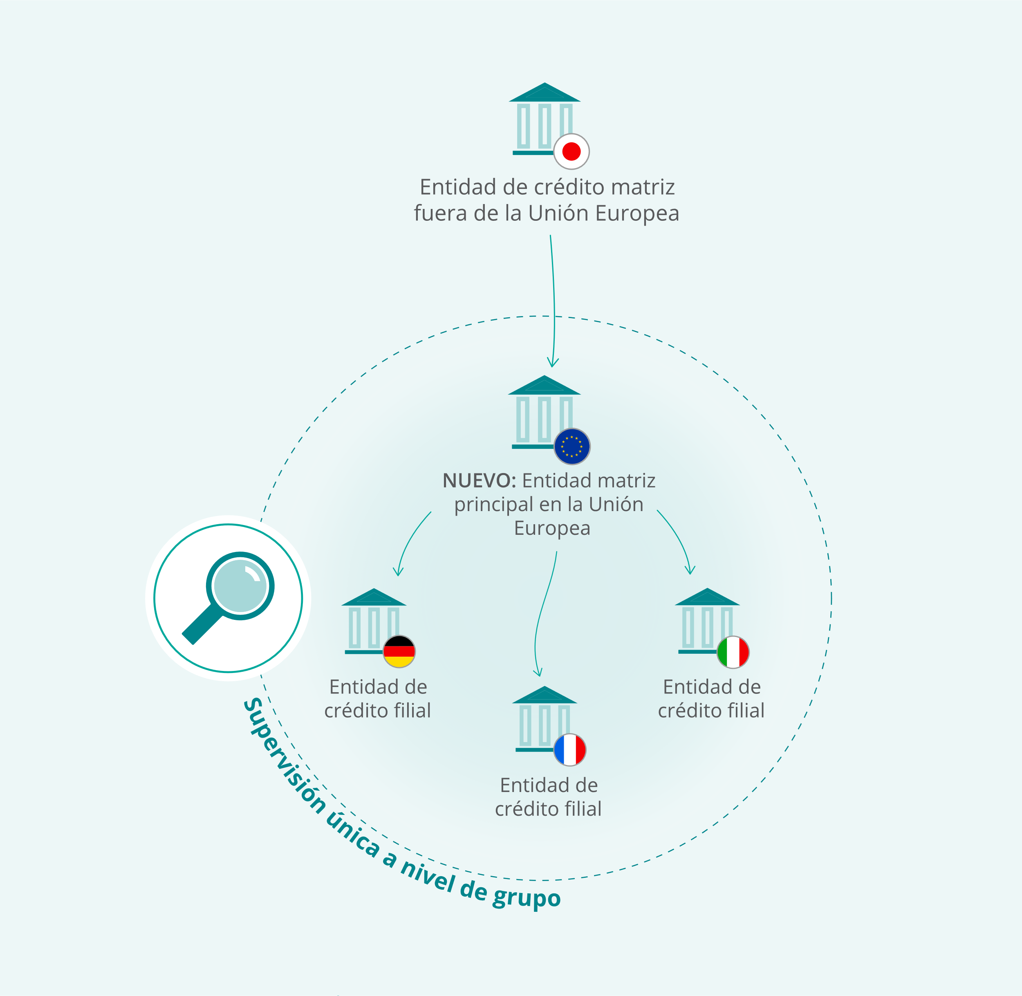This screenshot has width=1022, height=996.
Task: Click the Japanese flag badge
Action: click(x=572, y=152)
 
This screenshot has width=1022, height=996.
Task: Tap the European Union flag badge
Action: click(x=572, y=446)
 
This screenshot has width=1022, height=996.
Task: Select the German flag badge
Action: click(x=399, y=651)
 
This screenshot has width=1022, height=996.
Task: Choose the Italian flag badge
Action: click(x=733, y=652)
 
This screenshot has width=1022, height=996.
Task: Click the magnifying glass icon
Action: click(x=229, y=598)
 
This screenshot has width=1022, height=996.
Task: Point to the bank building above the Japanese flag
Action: click(x=545, y=119)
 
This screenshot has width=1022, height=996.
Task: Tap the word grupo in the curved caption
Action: click(x=526, y=898)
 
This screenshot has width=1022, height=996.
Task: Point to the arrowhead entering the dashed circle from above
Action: click(x=553, y=363)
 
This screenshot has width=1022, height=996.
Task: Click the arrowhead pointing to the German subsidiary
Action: click(x=399, y=571)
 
